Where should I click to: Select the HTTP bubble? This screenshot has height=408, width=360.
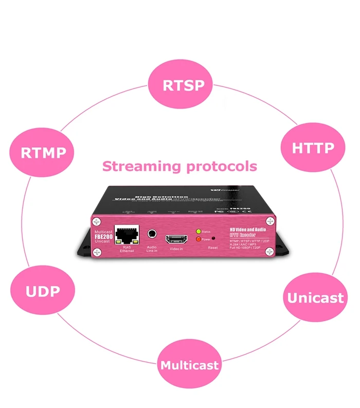pos(313,148)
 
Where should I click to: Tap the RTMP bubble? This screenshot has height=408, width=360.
pos(43,153)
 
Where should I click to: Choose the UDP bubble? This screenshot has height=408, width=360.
pos(43,291)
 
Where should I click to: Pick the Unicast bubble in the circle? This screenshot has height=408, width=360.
pos(315,297)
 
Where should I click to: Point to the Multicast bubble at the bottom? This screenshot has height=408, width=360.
pos(189,365)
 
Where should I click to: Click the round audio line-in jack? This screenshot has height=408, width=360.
pos(152,234)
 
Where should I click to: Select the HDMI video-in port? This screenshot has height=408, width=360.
pos(176,239)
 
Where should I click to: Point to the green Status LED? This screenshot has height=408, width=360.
pos(199,233)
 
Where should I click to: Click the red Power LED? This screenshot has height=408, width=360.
pos(199,239)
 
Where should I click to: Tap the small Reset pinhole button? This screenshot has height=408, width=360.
pos(213,240)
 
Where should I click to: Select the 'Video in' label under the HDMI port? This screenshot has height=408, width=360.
pos(176,249)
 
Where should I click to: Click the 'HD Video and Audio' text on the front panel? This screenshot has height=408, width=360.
pos(246,229)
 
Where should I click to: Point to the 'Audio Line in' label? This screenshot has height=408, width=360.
pos(152,248)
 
